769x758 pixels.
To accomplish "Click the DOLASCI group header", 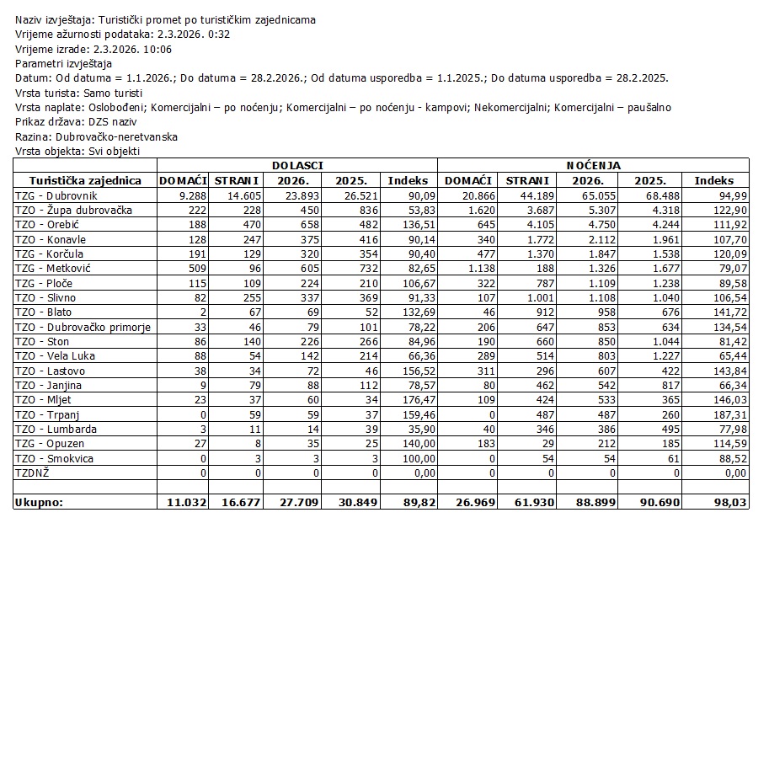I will coord(297,166).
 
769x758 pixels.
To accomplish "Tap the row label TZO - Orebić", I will coord(45,225).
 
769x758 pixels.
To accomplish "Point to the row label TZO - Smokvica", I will coord(54,459).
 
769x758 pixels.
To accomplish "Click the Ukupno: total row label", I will coord(40,503).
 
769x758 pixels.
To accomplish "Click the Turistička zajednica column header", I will coord(85,180).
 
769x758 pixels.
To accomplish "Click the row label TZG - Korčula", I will coord(48,254).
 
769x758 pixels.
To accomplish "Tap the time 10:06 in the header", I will coord(157,49).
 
